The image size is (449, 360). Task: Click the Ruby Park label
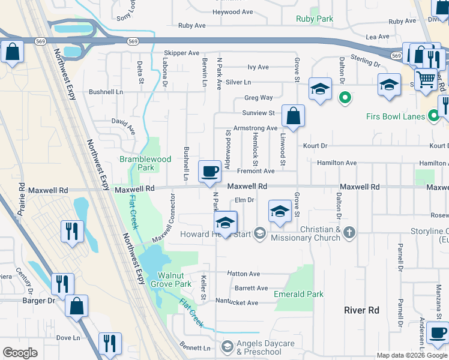coord(315,19)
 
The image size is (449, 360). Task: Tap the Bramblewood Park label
coord(145,164)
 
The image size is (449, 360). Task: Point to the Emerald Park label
coord(298,294)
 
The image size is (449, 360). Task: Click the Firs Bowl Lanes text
coord(397,116)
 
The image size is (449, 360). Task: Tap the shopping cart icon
coord(426,79)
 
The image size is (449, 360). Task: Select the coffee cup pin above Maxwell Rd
coord(209,172)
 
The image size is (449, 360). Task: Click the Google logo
coord(20,353)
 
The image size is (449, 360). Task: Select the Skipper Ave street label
coord(181,53)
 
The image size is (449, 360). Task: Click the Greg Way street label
coord(258,98)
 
